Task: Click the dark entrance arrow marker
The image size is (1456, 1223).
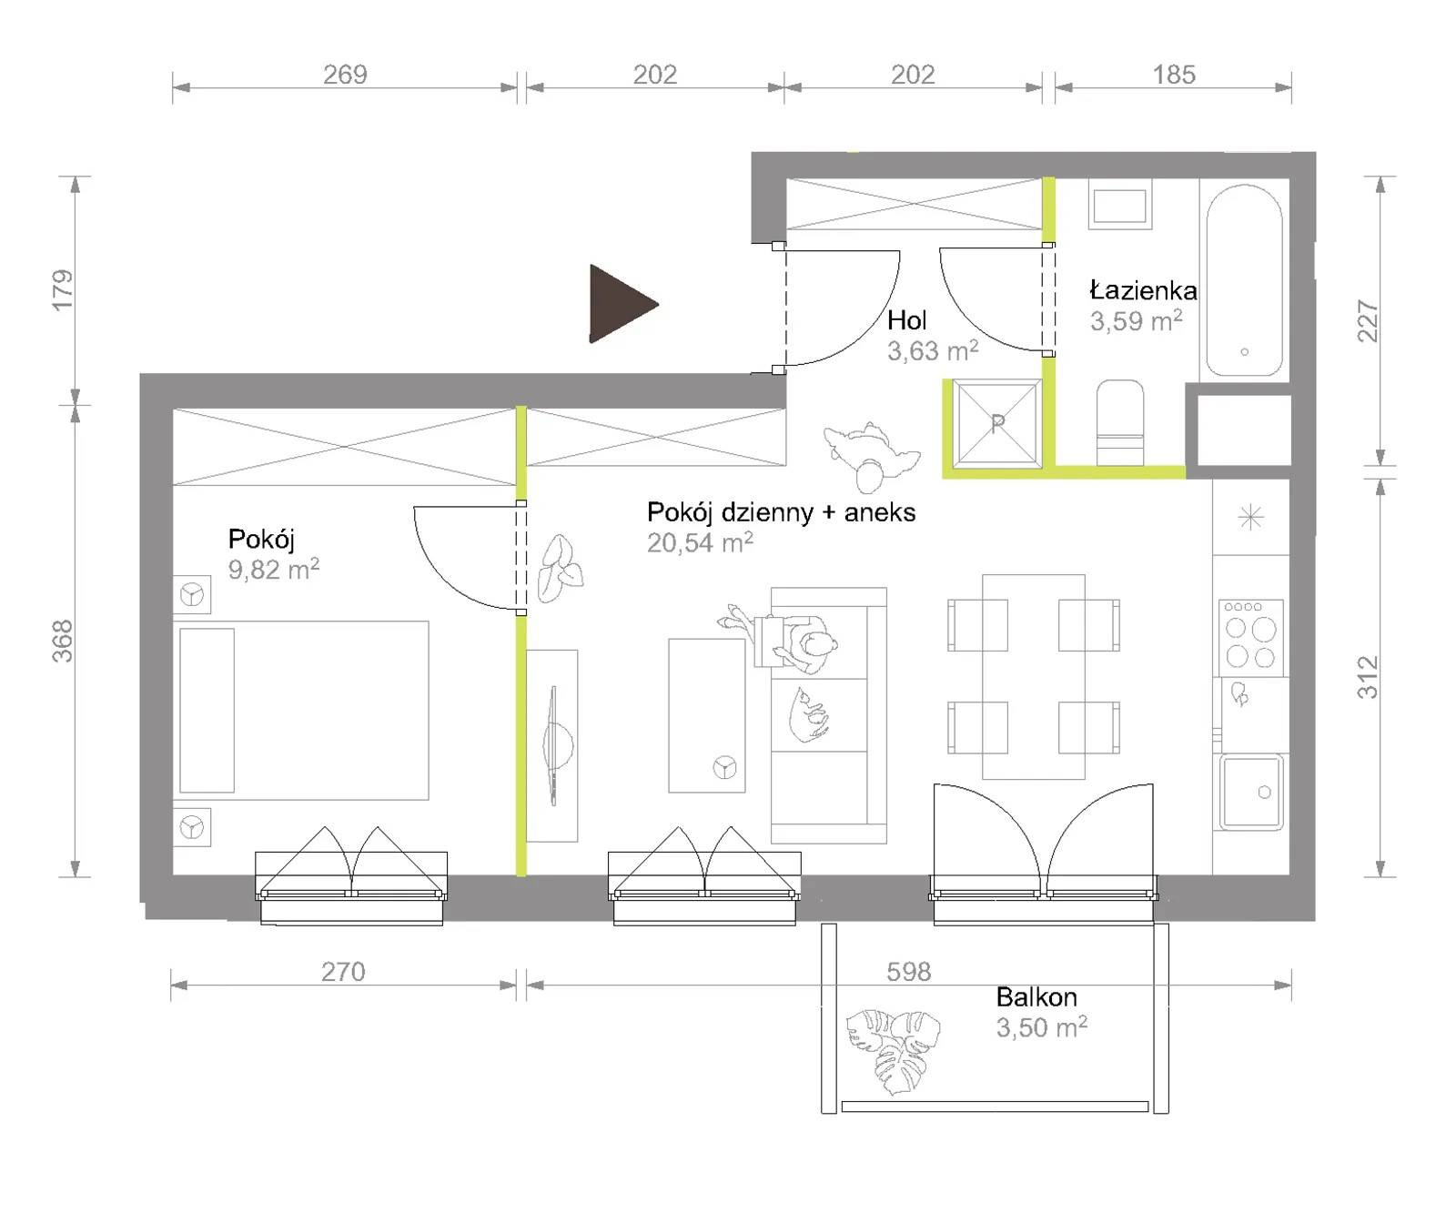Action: click(622, 304)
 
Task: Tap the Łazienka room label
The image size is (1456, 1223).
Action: click(1143, 290)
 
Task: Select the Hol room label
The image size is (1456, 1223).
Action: click(906, 320)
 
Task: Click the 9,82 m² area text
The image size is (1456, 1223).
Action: click(273, 570)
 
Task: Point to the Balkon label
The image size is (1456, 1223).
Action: click(1036, 997)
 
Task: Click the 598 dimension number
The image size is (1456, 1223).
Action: click(908, 972)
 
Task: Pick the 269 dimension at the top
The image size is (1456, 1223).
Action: click(345, 75)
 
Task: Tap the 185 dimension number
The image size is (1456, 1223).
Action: click(1174, 75)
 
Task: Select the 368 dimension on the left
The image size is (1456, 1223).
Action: click(62, 641)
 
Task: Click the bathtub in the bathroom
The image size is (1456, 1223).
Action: click(1244, 281)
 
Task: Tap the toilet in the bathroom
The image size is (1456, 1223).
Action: click(1120, 422)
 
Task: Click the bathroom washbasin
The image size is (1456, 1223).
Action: click(1119, 206)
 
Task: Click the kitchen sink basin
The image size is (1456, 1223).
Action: click(1252, 792)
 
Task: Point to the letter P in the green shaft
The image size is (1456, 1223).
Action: click(997, 423)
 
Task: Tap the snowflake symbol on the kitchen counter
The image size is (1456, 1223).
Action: click(1251, 518)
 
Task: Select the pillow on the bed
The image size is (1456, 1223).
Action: click(207, 711)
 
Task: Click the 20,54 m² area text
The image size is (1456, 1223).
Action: click(700, 543)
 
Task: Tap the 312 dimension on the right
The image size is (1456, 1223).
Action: click(1368, 677)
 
